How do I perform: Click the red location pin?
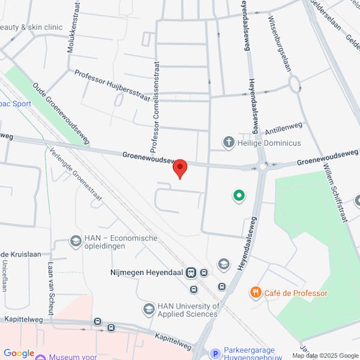[x=180, y=169]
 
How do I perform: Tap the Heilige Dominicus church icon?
[x=228, y=143]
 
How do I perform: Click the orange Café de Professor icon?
[x=256, y=293]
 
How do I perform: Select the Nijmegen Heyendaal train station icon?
[x=191, y=273]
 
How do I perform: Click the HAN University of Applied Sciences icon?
[x=148, y=310]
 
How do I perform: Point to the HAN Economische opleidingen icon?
[x=76, y=242]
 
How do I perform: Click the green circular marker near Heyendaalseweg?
[x=238, y=196]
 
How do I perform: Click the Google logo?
[x=19, y=353]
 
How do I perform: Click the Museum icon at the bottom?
[x=41, y=358]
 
